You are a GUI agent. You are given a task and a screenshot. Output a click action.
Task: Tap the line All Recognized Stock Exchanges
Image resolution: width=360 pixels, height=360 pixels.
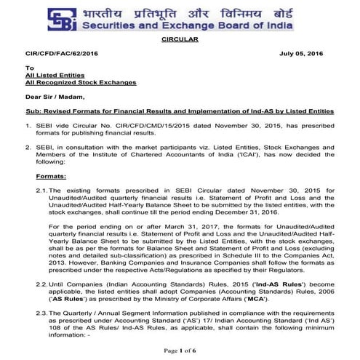(x=80, y=87)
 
